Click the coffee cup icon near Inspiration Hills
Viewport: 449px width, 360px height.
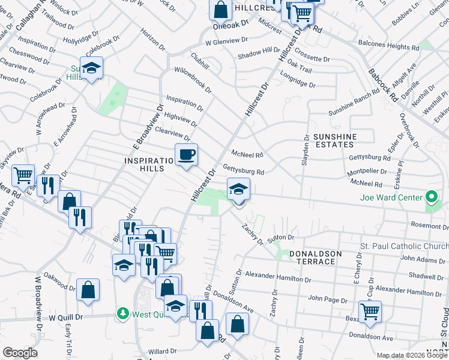186,155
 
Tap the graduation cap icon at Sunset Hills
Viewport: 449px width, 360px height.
91,68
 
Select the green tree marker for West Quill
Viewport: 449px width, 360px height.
123,313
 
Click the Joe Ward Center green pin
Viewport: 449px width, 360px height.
430,197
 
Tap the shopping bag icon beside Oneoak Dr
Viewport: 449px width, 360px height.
220,9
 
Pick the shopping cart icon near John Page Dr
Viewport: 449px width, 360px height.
370,311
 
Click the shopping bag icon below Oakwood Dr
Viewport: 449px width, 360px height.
88,290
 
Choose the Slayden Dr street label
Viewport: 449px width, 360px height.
306,149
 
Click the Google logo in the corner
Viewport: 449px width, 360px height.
20,353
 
